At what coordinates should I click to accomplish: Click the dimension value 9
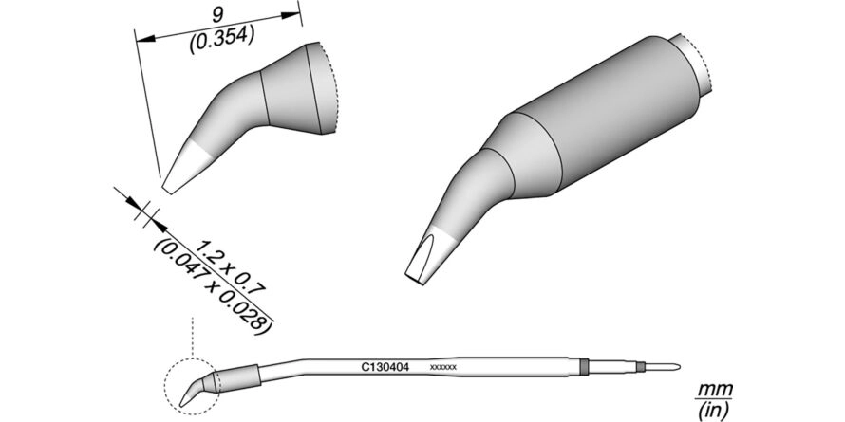tap(217, 14)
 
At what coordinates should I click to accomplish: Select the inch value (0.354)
tap(221, 39)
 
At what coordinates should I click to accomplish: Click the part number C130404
tap(385, 367)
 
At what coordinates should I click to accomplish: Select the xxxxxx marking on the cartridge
tap(443, 367)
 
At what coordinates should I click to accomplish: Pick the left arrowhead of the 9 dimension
tap(145, 39)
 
